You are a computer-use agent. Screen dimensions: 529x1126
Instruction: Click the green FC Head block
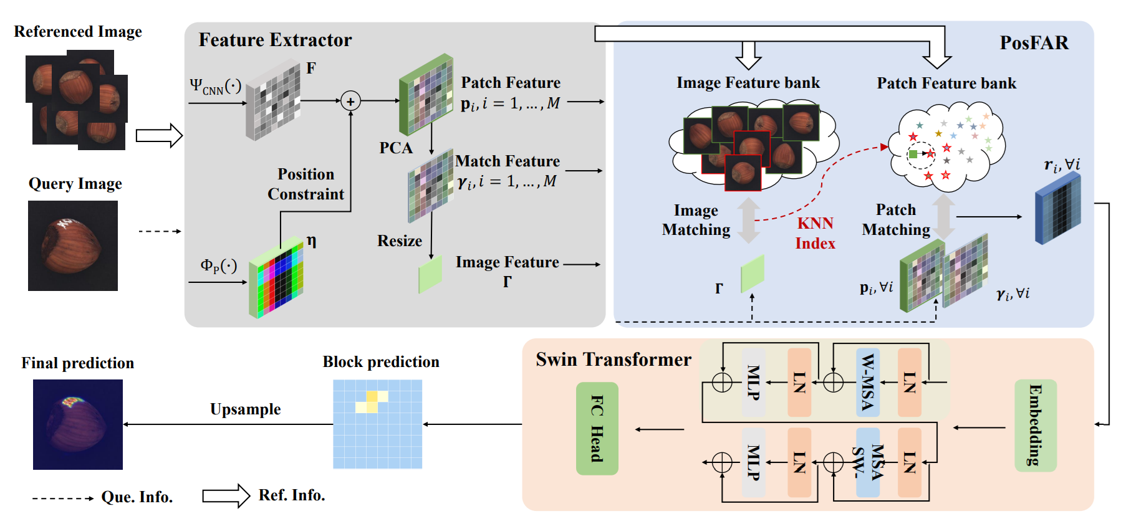pos(597,429)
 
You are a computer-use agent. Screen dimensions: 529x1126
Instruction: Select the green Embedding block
pos(1035,426)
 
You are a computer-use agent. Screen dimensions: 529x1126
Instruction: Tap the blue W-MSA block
pos(867,383)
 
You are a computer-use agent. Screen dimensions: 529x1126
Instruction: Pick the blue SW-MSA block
pos(867,462)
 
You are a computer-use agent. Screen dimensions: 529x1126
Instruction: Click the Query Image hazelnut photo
pos(73,245)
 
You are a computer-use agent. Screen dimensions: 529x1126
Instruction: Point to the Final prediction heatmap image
pos(78,424)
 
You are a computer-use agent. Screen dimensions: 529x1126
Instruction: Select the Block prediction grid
pos(377,424)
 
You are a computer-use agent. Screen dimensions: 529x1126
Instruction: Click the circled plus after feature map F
pos(350,101)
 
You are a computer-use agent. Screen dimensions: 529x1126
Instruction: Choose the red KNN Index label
pos(815,233)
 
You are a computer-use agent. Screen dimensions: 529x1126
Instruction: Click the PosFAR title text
pos(1034,42)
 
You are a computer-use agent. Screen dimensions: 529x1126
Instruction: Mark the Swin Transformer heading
pos(613,360)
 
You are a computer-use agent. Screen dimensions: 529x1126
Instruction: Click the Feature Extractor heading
pos(275,40)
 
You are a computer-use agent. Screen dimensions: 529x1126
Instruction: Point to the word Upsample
pos(245,409)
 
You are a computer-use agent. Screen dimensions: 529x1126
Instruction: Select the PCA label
pos(396,148)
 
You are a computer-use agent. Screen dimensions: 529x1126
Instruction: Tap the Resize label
pos(400,241)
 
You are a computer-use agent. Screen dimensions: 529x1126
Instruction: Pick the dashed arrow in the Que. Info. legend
pos(62,498)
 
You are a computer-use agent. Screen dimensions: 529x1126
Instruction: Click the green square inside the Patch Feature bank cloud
pos(913,154)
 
